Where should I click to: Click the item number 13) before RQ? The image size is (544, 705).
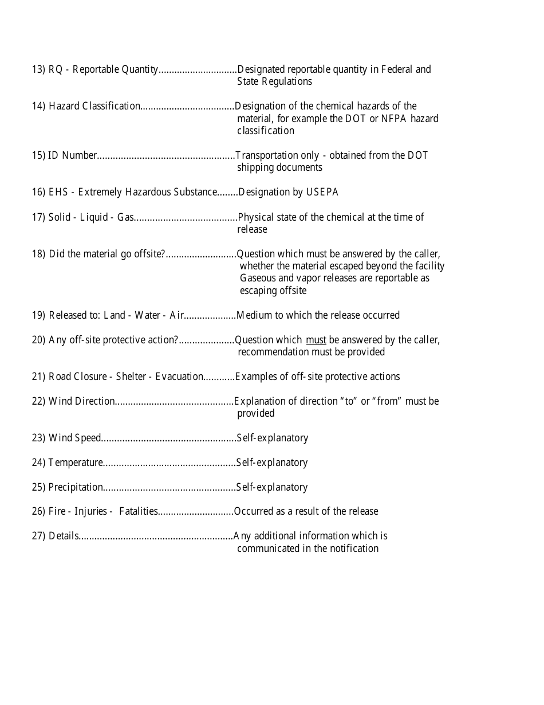point(38,69)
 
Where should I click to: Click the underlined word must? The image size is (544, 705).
point(316,340)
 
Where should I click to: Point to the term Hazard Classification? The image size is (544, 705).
point(94,106)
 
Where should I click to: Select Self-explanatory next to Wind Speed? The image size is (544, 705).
point(273,438)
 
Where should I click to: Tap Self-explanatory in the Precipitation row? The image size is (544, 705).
point(272,487)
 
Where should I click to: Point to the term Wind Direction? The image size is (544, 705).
point(82,401)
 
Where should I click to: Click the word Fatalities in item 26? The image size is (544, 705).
point(139,511)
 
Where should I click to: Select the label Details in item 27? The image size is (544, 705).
point(63,536)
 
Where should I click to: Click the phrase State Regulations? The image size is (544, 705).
point(274,81)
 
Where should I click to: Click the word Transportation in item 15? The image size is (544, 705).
point(264,155)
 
